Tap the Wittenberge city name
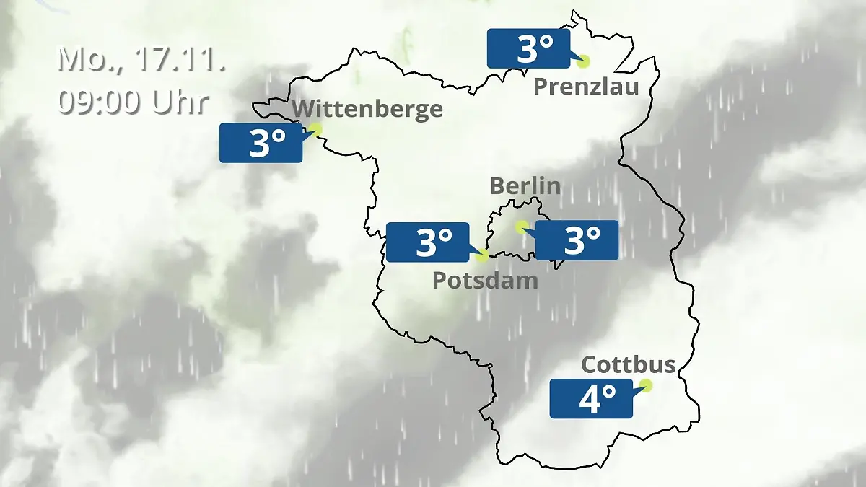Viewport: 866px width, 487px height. [x=368, y=110]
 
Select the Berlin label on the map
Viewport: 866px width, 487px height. [x=525, y=185]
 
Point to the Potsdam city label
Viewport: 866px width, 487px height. [x=485, y=280]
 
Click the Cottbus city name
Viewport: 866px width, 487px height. [x=628, y=364]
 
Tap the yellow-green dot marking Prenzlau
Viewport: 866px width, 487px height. [x=582, y=62]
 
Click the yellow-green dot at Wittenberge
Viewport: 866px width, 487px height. [x=315, y=129]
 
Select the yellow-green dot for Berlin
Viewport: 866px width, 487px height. [x=521, y=227]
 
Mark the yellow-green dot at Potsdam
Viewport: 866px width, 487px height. [x=482, y=255]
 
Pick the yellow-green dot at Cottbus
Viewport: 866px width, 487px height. [x=646, y=385]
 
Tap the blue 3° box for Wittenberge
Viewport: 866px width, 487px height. [x=261, y=143]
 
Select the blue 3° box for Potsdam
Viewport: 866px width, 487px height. [x=428, y=242]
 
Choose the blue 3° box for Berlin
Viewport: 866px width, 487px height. [x=577, y=240]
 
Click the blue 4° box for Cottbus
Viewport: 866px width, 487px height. [x=591, y=399]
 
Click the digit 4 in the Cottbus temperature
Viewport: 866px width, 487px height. [x=590, y=400]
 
